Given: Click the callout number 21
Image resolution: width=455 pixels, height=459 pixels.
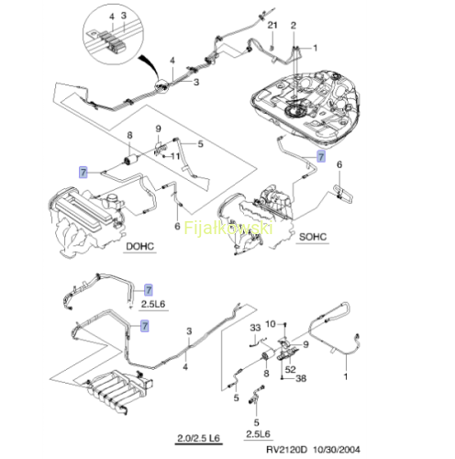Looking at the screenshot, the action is pyautogui.click(x=272, y=25).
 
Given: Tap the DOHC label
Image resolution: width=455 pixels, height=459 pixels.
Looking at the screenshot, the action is pyautogui.click(x=140, y=246).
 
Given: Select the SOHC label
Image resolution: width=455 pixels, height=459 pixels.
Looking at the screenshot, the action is pyautogui.click(x=313, y=237).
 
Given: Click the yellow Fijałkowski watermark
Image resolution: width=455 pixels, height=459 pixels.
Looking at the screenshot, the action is pyautogui.click(x=228, y=228).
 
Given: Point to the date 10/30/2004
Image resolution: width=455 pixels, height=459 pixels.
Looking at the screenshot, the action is pyautogui.click(x=336, y=449).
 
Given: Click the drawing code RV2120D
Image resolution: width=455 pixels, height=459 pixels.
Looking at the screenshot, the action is pyautogui.click(x=286, y=449).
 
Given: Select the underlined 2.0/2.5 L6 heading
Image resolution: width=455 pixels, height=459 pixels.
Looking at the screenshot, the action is pyautogui.click(x=198, y=438).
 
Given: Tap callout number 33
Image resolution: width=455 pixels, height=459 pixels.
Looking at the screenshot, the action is pyautogui.click(x=255, y=328).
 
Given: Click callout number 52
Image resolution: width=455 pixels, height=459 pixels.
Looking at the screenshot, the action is pyautogui.click(x=290, y=369).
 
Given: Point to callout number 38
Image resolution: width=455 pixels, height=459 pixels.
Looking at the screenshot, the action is pyautogui.click(x=301, y=378).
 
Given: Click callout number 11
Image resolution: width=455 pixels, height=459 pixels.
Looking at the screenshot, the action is pyautogui.click(x=175, y=156).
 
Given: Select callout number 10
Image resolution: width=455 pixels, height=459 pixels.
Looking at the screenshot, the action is pyautogui.click(x=271, y=324).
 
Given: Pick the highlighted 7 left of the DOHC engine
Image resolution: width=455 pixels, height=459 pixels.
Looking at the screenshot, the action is pyautogui.click(x=83, y=173).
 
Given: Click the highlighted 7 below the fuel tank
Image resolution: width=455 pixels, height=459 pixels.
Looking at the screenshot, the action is pyautogui.click(x=321, y=157).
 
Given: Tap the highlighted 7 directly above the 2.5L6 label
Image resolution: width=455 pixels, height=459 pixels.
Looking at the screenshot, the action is pyautogui.click(x=149, y=290).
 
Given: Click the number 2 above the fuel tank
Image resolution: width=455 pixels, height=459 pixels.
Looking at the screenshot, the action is pyautogui.click(x=294, y=26).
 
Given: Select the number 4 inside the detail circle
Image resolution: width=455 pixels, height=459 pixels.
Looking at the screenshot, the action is pyautogui.click(x=112, y=17).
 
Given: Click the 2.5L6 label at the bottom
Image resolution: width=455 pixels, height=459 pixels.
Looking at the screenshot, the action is pyautogui.click(x=258, y=434).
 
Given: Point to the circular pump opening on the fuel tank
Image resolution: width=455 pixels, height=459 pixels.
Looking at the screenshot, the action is pyautogui.click(x=295, y=112).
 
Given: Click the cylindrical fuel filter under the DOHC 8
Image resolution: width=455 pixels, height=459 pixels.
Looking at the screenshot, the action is pyautogui.click(x=129, y=160).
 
